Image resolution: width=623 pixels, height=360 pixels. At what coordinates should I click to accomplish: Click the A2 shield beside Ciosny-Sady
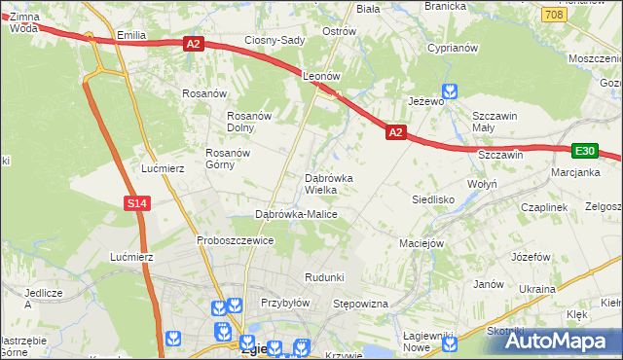tap(193, 44)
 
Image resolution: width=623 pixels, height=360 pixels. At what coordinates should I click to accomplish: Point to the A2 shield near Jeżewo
tap(395, 131)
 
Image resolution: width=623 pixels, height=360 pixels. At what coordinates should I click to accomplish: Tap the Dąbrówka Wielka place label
tap(336, 184)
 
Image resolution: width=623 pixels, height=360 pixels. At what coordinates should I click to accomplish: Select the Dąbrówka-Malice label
tap(296, 214)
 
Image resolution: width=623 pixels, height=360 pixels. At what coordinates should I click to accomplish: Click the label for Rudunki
tap(324, 277)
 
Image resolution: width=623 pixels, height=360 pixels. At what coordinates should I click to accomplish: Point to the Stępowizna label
tap(361, 305)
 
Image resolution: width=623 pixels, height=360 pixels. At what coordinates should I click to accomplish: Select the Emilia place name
tap(130, 35)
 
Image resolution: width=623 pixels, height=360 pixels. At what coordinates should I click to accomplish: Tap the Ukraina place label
tap(536, 289)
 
